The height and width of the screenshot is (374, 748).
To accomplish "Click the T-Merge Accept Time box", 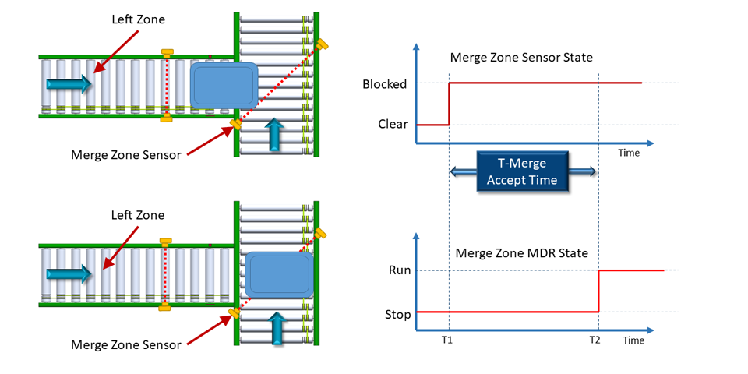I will pyautogui.click(x=523, y=171).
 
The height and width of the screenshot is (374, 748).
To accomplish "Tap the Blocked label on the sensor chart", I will pyautogui.click(x=384, y=83).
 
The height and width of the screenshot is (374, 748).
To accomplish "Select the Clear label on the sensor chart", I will pyautogui.click(x=393, y=124).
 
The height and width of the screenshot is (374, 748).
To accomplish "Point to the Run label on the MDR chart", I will pyautogui.click(x=399, y=270).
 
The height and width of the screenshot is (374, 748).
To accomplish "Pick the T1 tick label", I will pyautogui.click(x=449, y=340).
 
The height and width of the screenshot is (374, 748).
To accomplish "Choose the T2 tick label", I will pyautogui.click(x=596, y=340).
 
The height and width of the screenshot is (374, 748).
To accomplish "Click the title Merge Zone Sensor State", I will pyautogui.click(x=521, y=58).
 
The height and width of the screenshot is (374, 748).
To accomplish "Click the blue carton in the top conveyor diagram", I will pyautogui.click(x=224, y=84).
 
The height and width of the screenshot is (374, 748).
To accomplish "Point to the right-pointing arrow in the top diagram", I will pyautogui.click(x=69, y=83).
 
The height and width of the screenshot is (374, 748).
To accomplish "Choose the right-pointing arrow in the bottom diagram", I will pyautogui.click(x=69, y=273).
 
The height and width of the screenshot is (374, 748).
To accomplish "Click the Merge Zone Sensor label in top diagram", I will pyautogui.click(x=125, y=154).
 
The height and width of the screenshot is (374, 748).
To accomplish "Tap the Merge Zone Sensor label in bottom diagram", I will pyautogui.click(x=125, y=344).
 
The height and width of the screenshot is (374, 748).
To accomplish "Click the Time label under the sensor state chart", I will pyautogui.click(x=629, y=153).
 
